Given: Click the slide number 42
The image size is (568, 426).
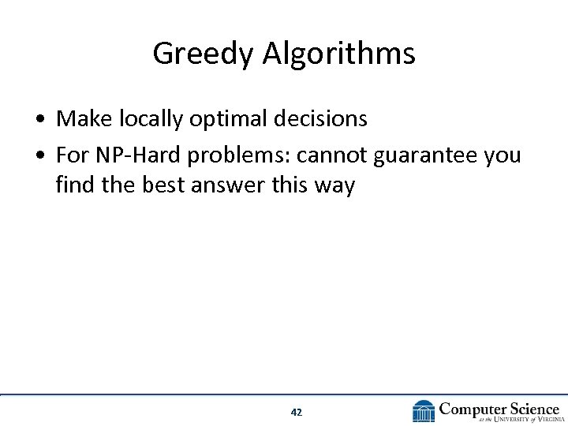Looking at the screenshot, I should coord(297,412).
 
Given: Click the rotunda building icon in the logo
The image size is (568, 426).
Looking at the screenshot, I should coord(424,411).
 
